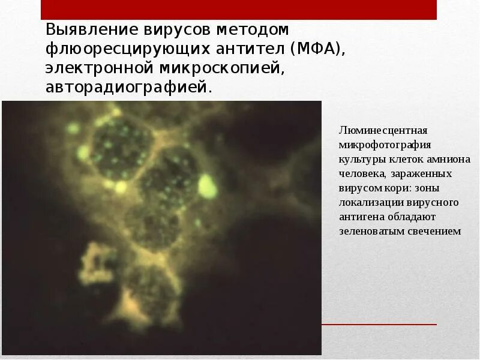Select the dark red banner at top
click(x=239, y=10)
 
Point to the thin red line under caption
click(x=378, y=325)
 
